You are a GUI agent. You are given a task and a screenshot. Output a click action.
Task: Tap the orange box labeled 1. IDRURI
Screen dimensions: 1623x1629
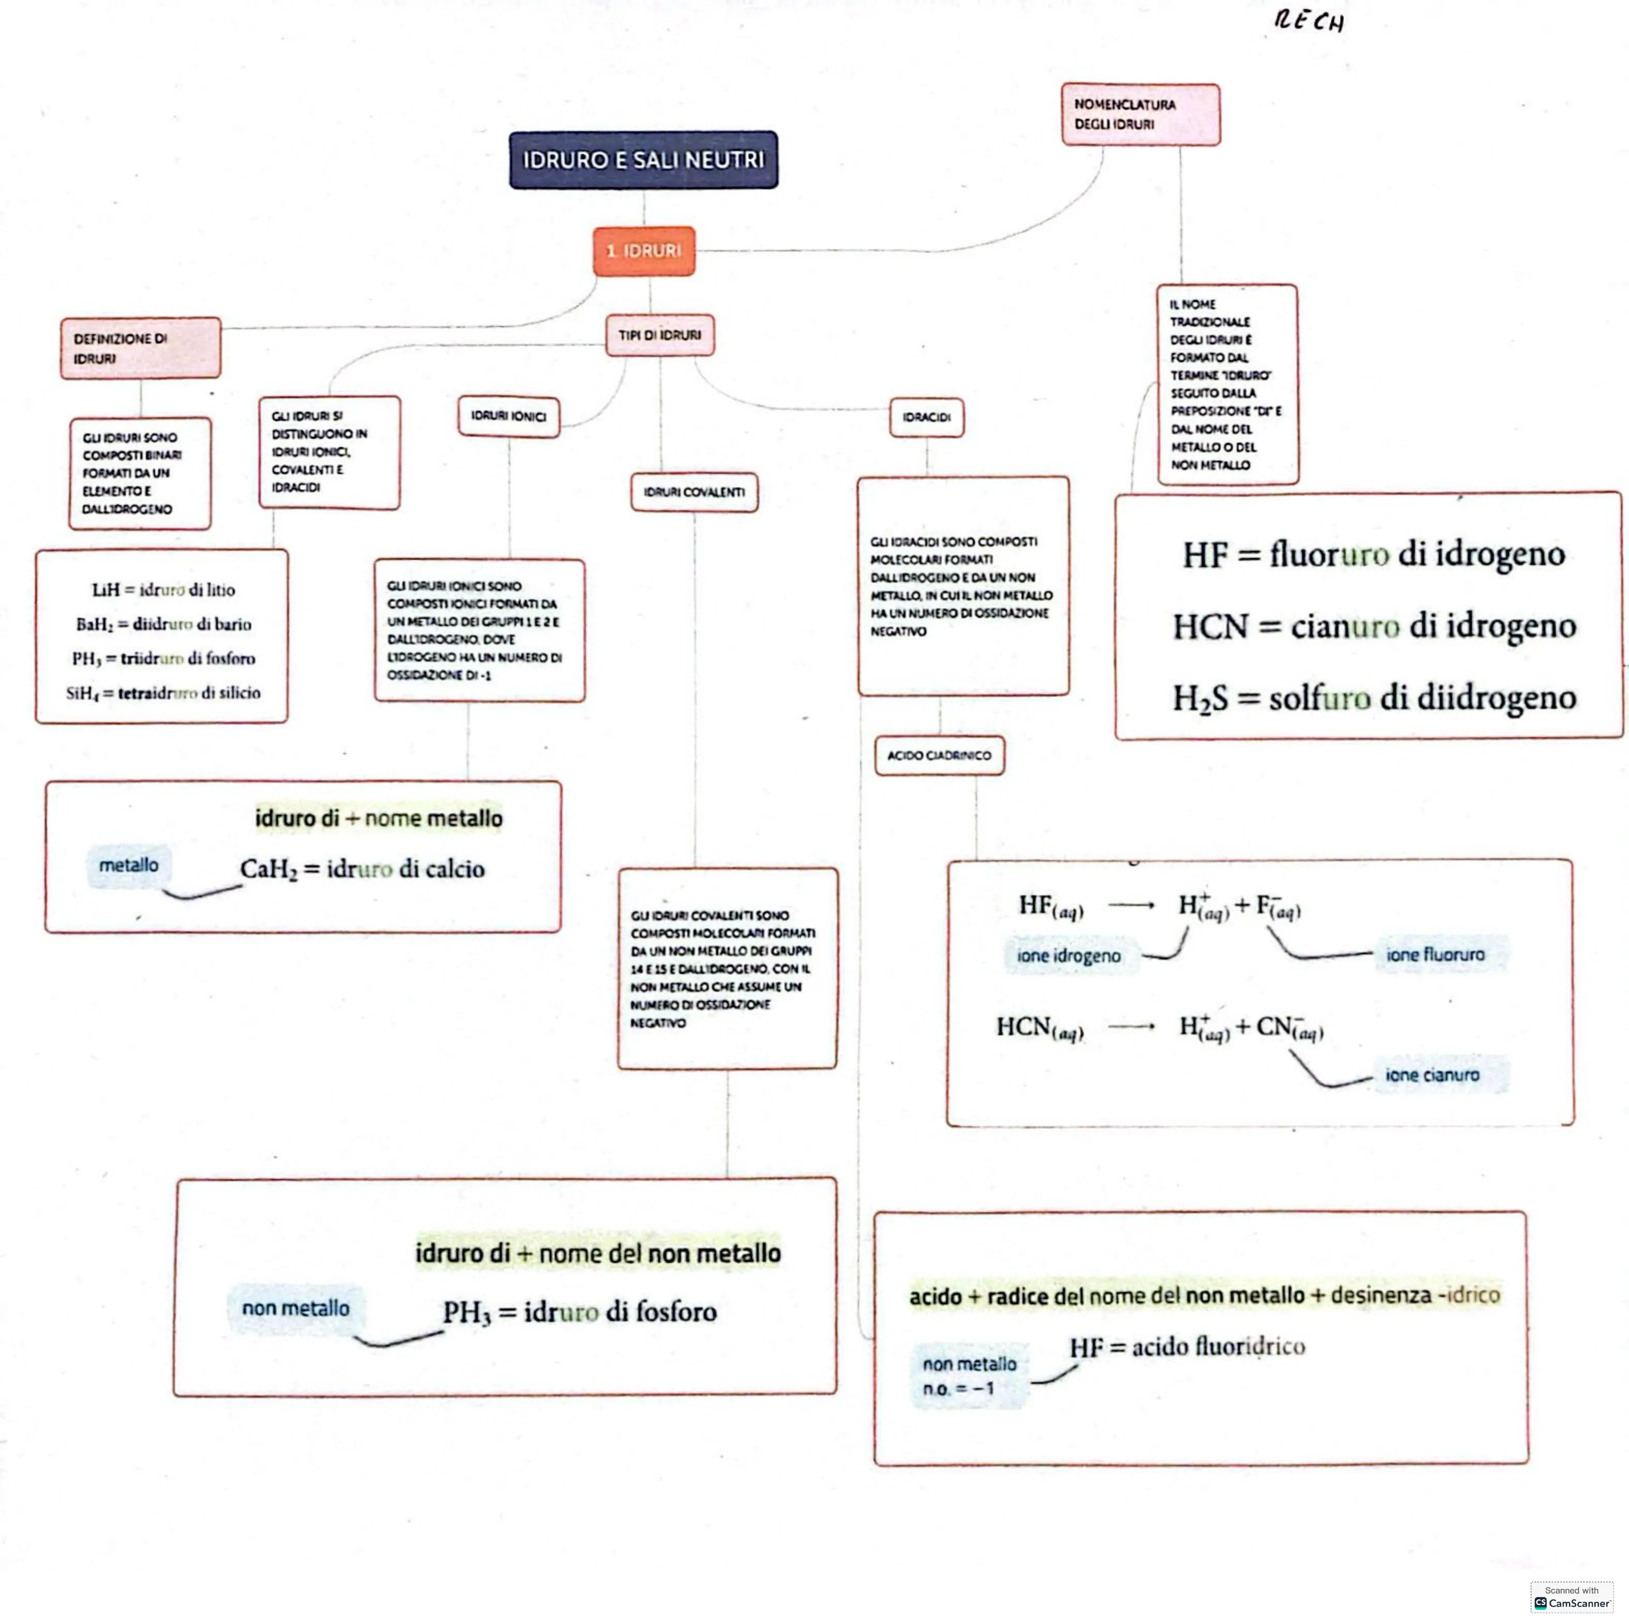(644, 250)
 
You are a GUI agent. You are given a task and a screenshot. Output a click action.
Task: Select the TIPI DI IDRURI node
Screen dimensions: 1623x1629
(659, 335)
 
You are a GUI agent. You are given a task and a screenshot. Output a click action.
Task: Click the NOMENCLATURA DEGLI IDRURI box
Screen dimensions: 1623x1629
(1140, 114)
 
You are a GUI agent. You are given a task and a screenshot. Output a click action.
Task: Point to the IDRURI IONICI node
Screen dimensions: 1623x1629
(509, 417)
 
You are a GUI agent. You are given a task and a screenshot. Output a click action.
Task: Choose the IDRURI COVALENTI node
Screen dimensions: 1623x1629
(694, 492)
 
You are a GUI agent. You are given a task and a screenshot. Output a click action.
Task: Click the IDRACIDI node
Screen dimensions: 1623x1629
(927, 417)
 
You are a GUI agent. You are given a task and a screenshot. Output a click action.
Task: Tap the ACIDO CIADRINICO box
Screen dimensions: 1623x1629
(939, 756)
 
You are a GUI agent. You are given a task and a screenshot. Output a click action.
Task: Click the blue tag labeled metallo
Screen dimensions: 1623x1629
(128, 866)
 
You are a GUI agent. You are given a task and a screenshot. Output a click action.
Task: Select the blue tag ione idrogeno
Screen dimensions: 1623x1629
(1068, 956)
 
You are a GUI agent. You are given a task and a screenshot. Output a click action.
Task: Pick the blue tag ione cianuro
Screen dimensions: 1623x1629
(1432, 1075)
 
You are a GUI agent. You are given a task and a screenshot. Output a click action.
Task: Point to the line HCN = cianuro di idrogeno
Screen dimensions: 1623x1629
(1374, 626)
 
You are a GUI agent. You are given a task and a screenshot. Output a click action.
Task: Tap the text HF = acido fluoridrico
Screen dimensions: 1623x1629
(1187, 1347)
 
